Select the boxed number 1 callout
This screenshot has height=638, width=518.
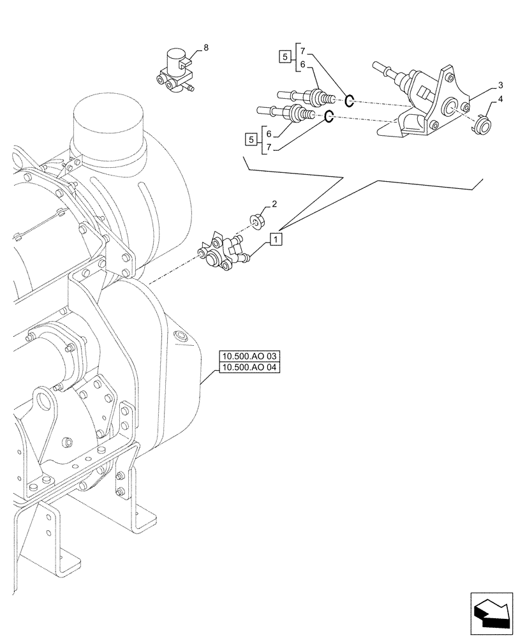tap(275, 239)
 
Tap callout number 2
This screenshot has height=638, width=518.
tap(274, 204)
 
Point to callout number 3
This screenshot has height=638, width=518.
tap(501, 85)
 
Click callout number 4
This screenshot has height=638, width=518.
tap(501, 100)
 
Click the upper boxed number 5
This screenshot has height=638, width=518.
tap(283, 56)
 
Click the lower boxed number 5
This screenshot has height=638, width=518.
tap(252, 138)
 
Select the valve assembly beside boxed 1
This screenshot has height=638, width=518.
tap(220, 254)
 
